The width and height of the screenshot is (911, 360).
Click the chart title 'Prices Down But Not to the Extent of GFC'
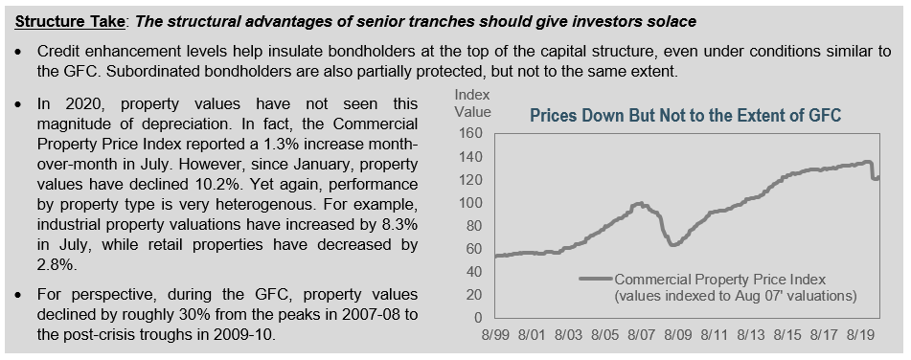(686, 116)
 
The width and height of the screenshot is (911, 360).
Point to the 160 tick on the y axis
(471, 133)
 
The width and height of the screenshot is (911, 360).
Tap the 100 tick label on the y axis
(471, 203)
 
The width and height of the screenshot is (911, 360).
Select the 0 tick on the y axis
(479, 318)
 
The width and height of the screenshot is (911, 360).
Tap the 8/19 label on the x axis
(859, 335)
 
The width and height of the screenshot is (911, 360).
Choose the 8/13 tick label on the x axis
(750, 335)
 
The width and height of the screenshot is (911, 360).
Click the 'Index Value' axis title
(472, 102)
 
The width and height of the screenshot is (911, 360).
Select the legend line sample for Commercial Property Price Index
(596, 279)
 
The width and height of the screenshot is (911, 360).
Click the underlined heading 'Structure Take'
(69, 22)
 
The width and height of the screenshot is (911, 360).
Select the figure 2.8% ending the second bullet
(57, 265)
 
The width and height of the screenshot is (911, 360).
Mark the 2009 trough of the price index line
(674, 244)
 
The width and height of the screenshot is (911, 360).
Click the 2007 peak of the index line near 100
(639, 203)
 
